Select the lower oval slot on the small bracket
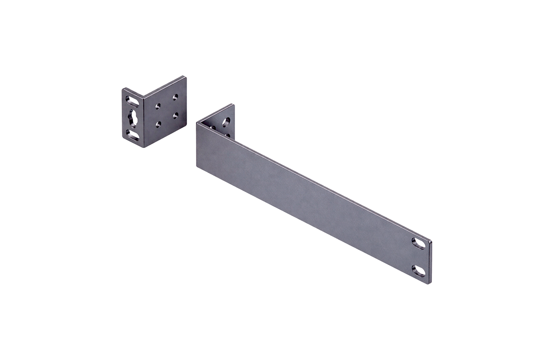click(x=133, y=135)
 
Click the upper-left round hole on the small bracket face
click(x=158, y=106)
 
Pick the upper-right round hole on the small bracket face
click(x=175, y=97)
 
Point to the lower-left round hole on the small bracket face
click(x=158, y=124)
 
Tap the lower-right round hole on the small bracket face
click(x=175, y=114)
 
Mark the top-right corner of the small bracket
click(x=185, y=77)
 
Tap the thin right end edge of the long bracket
click(x=432, y=261)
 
